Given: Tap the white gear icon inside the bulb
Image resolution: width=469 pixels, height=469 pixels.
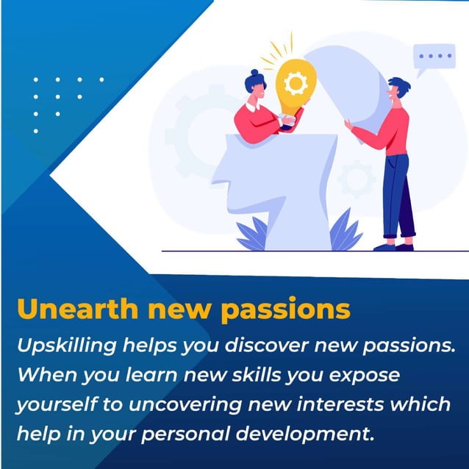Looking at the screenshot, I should (x=296, y=84).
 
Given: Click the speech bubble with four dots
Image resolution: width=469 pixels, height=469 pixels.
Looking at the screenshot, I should (x=434, y=57).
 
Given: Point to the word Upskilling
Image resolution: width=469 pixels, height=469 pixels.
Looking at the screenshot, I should (x=61, y=346).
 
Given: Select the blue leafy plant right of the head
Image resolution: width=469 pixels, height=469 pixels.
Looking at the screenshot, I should (x=346, y=231).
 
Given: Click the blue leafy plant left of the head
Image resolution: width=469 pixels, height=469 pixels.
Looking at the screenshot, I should (x=252, y=234).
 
